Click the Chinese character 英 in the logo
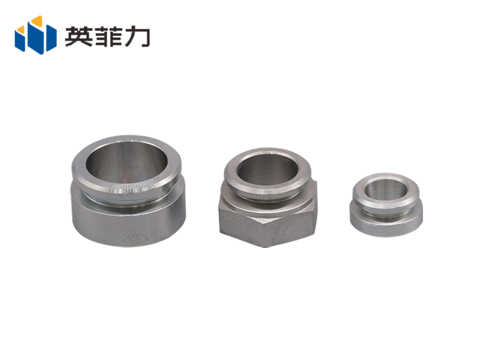[79, 36]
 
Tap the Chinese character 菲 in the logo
[107, 36]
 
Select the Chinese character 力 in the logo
[136, 36]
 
